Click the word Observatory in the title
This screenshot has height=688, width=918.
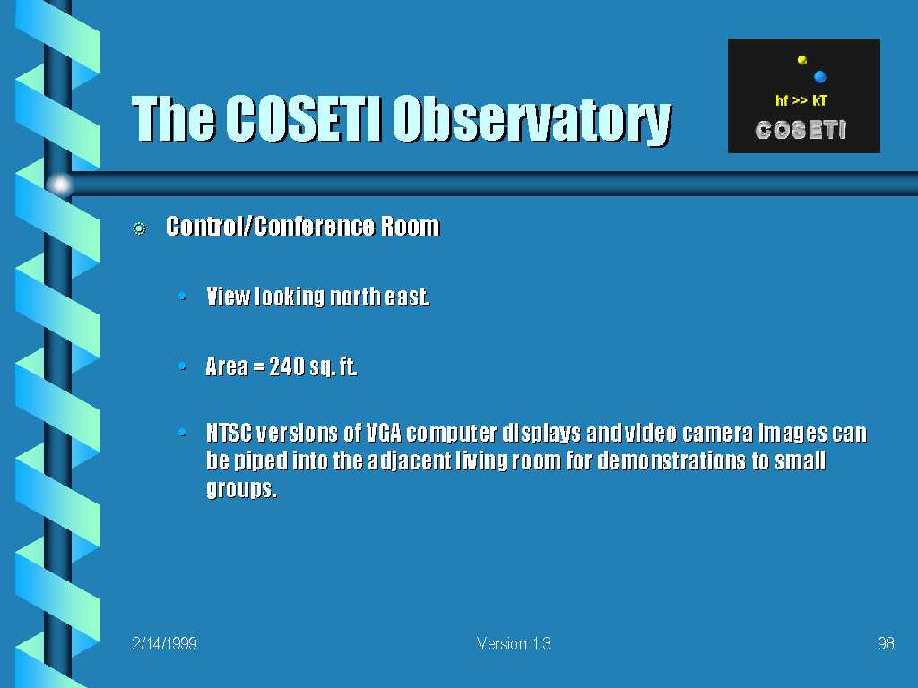coord(533,120)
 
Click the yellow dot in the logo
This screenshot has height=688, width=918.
coord(802,60)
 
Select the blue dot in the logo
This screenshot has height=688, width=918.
coord(819,77)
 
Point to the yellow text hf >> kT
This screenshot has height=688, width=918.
coord(801,100)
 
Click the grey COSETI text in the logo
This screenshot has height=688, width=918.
coord(801,130)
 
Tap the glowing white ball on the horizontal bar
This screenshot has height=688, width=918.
coord(60,185)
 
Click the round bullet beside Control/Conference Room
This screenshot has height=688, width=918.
coord(139,228)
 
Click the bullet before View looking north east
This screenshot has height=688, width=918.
coord(182,296)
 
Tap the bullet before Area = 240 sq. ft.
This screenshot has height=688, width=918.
coord(182,366)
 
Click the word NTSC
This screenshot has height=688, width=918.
coord(229,433)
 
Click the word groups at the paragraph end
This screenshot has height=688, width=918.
coord(241,488)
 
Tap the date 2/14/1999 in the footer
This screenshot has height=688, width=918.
coord(165,643)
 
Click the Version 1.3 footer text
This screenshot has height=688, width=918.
coord(514,643)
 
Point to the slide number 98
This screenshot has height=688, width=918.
coord(886,643)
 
